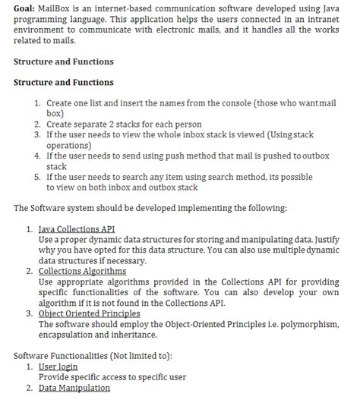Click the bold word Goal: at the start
[x=27, y=7]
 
